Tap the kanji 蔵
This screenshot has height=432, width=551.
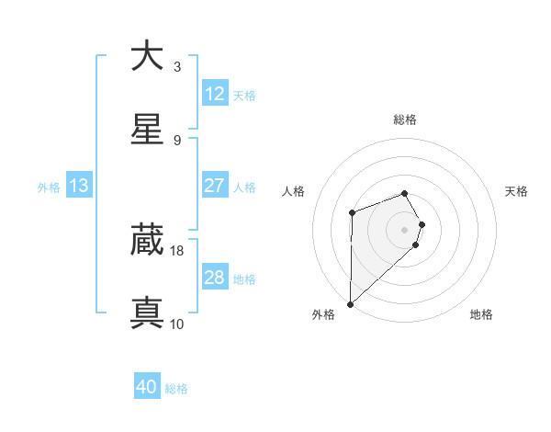(x=147, y=240)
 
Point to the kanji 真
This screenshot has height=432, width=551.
(x=147, y=313)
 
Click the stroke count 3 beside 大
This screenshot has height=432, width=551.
(x=177, y=66)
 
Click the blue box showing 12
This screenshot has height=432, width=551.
(x=215, y=94)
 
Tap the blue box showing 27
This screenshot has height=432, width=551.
(x=215, y=186)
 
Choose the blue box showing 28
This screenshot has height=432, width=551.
(x=215, y=278)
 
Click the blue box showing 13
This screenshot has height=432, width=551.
(x=79, y=186)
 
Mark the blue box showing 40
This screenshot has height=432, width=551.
(x=147, y=388)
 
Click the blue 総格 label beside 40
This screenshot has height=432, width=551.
(x=176, y=389)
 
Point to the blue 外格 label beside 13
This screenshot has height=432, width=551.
(x=49, y=187)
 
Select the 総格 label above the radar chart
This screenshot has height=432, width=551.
(x=404, y=119)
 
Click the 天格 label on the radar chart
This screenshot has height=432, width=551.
(x=517, y=191)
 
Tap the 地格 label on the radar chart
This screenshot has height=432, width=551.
(x=481, y=314)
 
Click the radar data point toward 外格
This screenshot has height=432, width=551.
(x=350, y=303)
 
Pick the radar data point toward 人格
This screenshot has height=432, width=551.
(x=352, y=213)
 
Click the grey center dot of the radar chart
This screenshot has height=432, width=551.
(x=404, y=229)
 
